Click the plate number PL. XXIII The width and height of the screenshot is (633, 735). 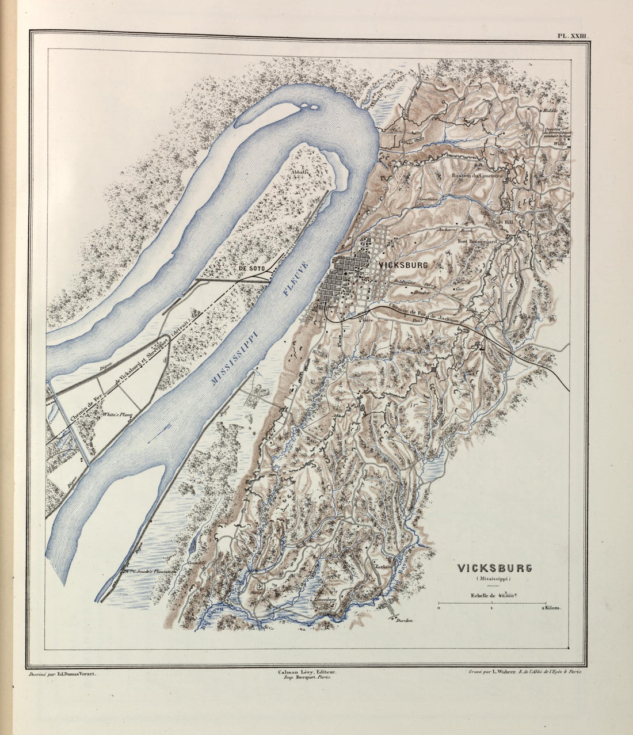(x=573, y=36)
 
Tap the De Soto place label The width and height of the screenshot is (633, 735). (x=251, y=269)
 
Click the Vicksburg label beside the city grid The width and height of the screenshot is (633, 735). (x=403, y=265)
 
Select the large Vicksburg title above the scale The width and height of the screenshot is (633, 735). (x=494, y=568)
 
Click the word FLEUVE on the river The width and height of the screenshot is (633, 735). (x=296, y=279)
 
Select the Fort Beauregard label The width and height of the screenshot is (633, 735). (x=477, y=242)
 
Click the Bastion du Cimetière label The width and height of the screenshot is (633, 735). (x=478, y=176)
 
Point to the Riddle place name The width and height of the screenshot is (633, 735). (x=550, y=110)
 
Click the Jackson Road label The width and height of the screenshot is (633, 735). (x=455, y=230)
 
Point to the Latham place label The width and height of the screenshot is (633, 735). (x=383, y=566)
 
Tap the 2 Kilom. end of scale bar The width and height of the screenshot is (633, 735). (x=551, y=607)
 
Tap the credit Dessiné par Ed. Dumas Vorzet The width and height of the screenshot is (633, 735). (x=62, y=673)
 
